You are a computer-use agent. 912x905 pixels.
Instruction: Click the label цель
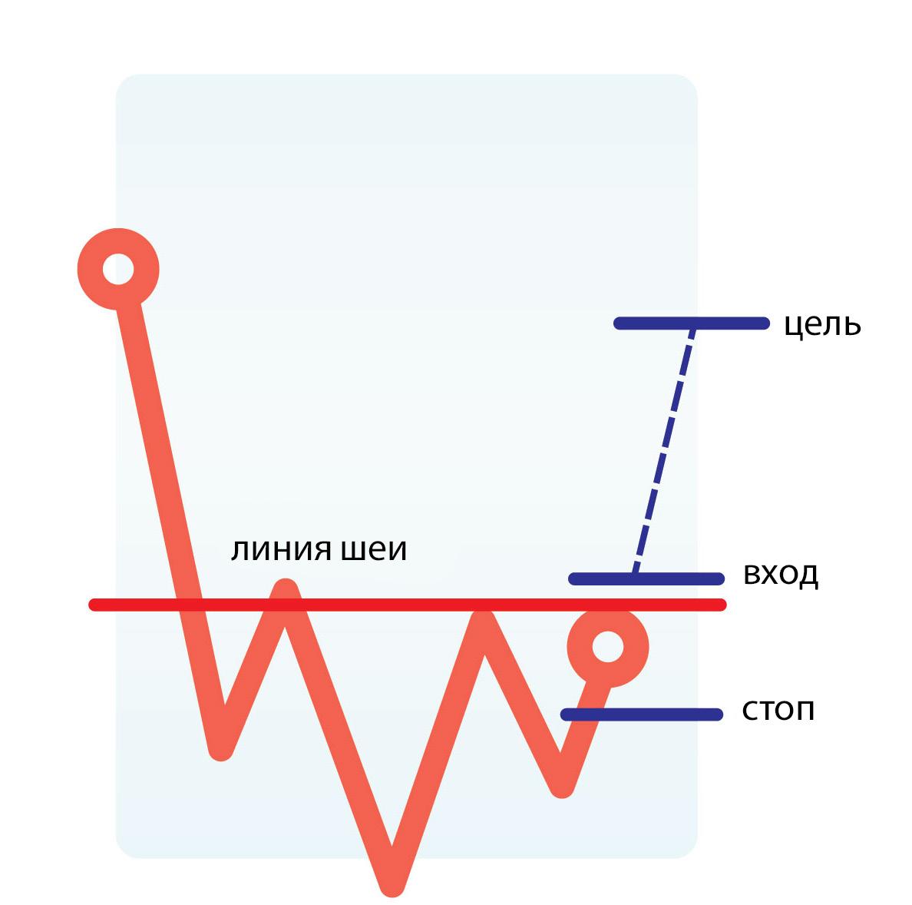822,326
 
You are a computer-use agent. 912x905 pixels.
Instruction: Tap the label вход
781,575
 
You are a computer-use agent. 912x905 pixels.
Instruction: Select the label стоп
778,711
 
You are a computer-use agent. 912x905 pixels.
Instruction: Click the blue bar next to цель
691,323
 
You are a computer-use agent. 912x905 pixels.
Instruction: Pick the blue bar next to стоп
642,714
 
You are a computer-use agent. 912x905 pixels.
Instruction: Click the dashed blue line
663,450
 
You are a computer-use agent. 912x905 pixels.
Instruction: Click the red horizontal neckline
407,605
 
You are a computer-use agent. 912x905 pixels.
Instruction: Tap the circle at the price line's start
118,269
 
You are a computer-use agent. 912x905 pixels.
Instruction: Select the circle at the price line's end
607,646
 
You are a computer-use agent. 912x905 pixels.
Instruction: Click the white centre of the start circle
118,269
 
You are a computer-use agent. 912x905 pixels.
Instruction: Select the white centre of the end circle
607,646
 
